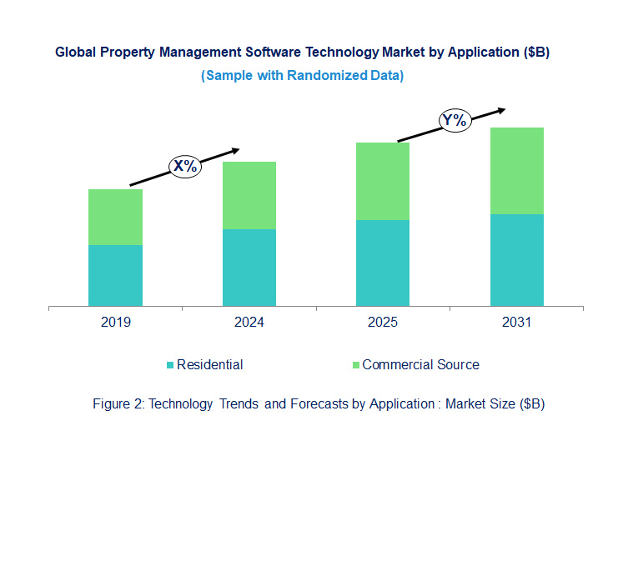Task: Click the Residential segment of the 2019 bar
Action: click(x=115, y=275)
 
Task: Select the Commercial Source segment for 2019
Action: click(x=115, y=217)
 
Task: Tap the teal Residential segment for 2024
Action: click(x=249, y=268)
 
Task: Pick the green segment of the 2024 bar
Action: click(x=249, y=195)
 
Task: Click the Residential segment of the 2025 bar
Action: click(x=383, y=263)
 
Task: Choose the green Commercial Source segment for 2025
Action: click(x=383, y=181)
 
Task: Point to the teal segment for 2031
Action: click(x=516, y=260)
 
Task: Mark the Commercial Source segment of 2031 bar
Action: click(x=516, y=171)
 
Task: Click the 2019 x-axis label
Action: click(x=115, y=323)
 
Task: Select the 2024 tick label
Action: click(x=249, y=323)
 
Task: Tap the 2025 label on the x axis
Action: click(x=383, y=323)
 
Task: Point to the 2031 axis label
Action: click(x=516, y=323)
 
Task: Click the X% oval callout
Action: click(x=185, y=166)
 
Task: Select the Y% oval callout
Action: click(x=455, y=121)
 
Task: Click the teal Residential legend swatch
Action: click(x=171, y=365)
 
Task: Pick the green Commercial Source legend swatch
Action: click(x=356, y=365)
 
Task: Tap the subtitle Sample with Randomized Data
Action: click(x=302, y=75)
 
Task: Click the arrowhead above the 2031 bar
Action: click(x=500, y=109)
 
